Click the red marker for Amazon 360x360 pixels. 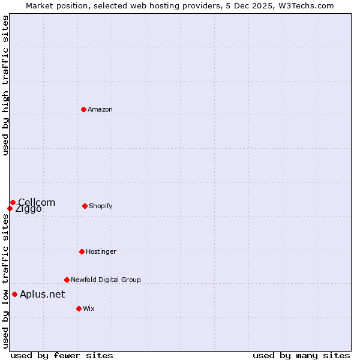(x=84, y=109)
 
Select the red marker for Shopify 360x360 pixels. (x=85, y=206)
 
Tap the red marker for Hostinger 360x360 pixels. (x=82, y=251)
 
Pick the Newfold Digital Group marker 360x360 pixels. (x=67, y=280)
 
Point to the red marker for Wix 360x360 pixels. (x=79, y=308)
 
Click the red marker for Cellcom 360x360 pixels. (x=13, y=202)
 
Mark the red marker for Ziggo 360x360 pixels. (x=10, y=208)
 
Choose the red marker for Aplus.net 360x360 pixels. (x=14, y=294)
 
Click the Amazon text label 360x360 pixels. (x=100, y=109)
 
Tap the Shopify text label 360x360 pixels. (x=101, y=206)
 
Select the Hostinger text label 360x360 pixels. (x=101, y=251)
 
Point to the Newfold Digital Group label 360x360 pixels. (x=106, y=280)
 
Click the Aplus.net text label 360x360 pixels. (x=42, y=294)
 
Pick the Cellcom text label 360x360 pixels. (x=37, y=202)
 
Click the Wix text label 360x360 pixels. (x=89, y=308)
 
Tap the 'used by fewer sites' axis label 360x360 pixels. (x=62, y=355)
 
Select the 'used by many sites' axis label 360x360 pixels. (x=301, y=355)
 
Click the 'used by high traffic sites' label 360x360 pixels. (x=5, y=85)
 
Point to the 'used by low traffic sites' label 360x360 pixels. (x=5, y=280)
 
